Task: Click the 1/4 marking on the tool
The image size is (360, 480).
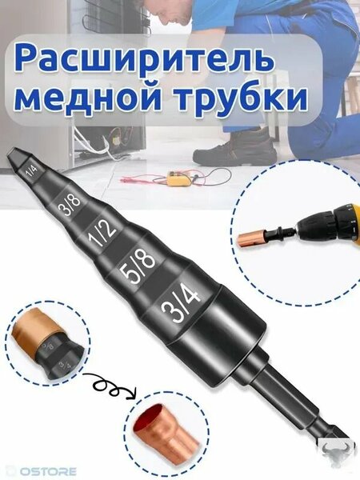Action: pyautogui.click(x=31, y=171)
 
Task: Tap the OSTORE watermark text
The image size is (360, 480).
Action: pyautogui.click(x=41, y=471)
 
